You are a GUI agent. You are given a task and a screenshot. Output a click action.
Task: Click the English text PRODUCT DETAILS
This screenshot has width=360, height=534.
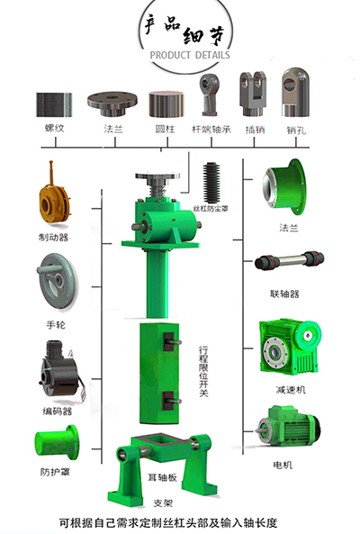point(190,55)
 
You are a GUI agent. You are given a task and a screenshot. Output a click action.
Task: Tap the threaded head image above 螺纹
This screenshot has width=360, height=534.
point(54,104)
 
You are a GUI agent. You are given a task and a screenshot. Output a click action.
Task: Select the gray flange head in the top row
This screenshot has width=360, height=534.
point(112,104)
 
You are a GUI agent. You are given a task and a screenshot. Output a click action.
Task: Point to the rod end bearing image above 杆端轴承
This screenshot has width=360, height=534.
point(210,95)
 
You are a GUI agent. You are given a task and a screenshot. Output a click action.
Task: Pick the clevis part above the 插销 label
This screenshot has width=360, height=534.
point(253,94)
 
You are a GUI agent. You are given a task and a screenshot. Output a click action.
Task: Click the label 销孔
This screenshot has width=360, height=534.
point(296,130)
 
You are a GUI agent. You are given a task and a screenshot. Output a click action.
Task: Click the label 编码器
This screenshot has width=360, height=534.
point(58,411)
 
